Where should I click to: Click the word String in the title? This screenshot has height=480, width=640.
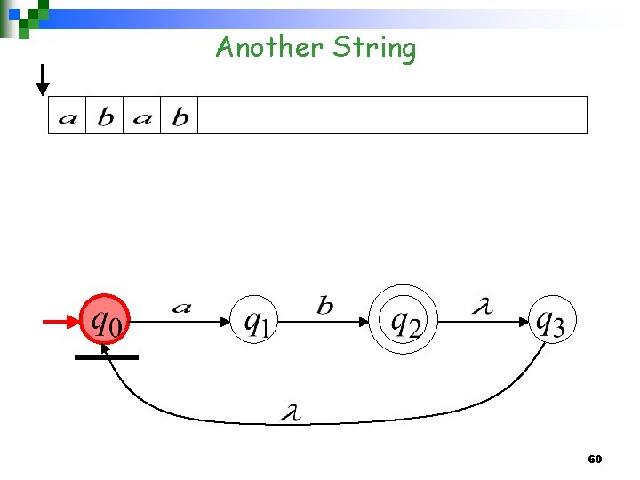tap(374, 48)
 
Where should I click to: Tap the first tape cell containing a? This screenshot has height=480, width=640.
tap(67, 116)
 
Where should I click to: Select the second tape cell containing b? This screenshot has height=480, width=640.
tap(105, 116)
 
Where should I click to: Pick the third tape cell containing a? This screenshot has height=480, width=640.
tap(142, 116)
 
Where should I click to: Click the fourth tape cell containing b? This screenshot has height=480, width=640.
tap(180, 116)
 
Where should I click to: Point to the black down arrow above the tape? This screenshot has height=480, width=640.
tap(42, 80)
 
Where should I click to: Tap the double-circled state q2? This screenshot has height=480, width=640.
tap(404, 321)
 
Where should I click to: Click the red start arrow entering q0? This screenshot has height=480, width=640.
tap(60, 322)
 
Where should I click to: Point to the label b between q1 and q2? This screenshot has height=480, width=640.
tap(325, 307)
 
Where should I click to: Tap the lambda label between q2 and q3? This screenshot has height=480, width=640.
tap(481, 308)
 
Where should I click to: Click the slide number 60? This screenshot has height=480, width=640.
tap(595, 460)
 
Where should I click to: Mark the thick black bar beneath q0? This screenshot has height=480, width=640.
tap(107, 357)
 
